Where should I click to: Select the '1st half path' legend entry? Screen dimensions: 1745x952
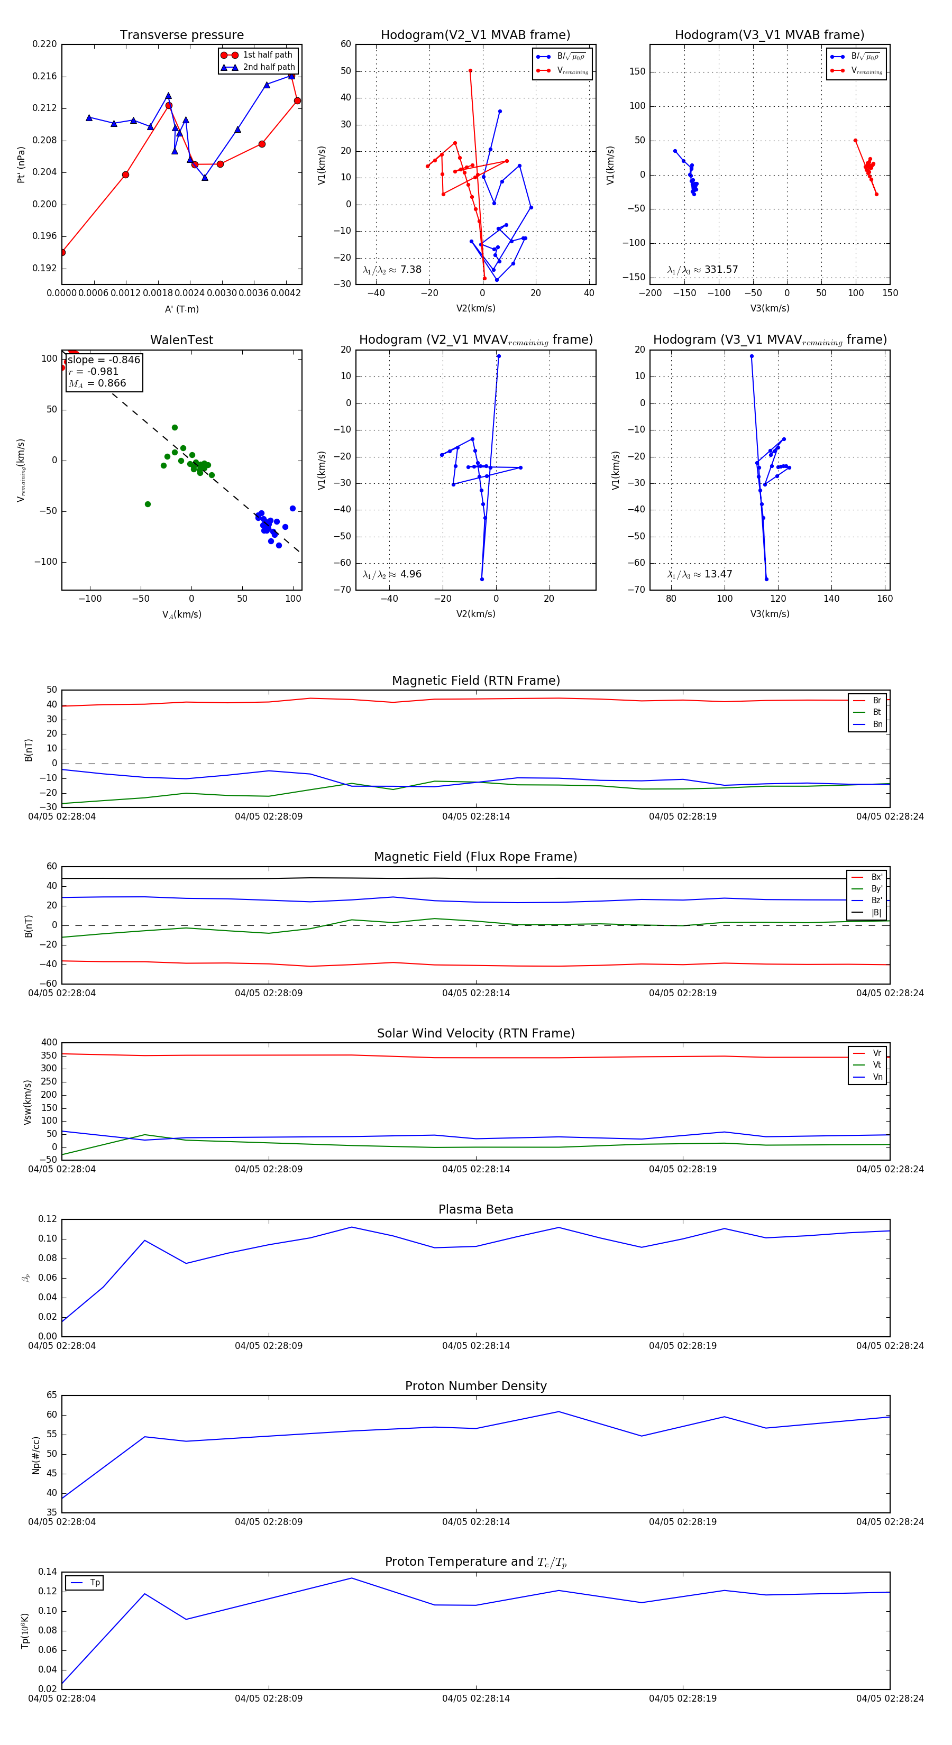click(267, 55)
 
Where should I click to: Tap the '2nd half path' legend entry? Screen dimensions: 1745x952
click(268, 67)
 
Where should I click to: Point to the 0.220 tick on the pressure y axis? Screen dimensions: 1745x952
click(45, 44)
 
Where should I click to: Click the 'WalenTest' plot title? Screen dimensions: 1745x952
click(181, 340)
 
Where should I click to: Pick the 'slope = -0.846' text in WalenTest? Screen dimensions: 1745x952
click(104, 360)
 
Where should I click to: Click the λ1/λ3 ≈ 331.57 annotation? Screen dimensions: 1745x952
click(703, 270)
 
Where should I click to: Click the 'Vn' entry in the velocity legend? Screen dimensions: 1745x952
click(877, 1077)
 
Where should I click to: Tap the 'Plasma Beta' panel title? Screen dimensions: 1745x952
click(475, 1209)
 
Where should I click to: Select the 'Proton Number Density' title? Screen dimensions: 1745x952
click(475, 1386)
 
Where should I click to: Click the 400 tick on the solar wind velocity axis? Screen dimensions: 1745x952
click(49, 1043)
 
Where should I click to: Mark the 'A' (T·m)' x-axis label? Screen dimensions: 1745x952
click(181, 309)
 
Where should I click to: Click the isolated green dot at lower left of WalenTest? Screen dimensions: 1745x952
click(148, 504)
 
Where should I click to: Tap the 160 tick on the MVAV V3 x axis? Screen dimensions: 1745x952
click(884, 598)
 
